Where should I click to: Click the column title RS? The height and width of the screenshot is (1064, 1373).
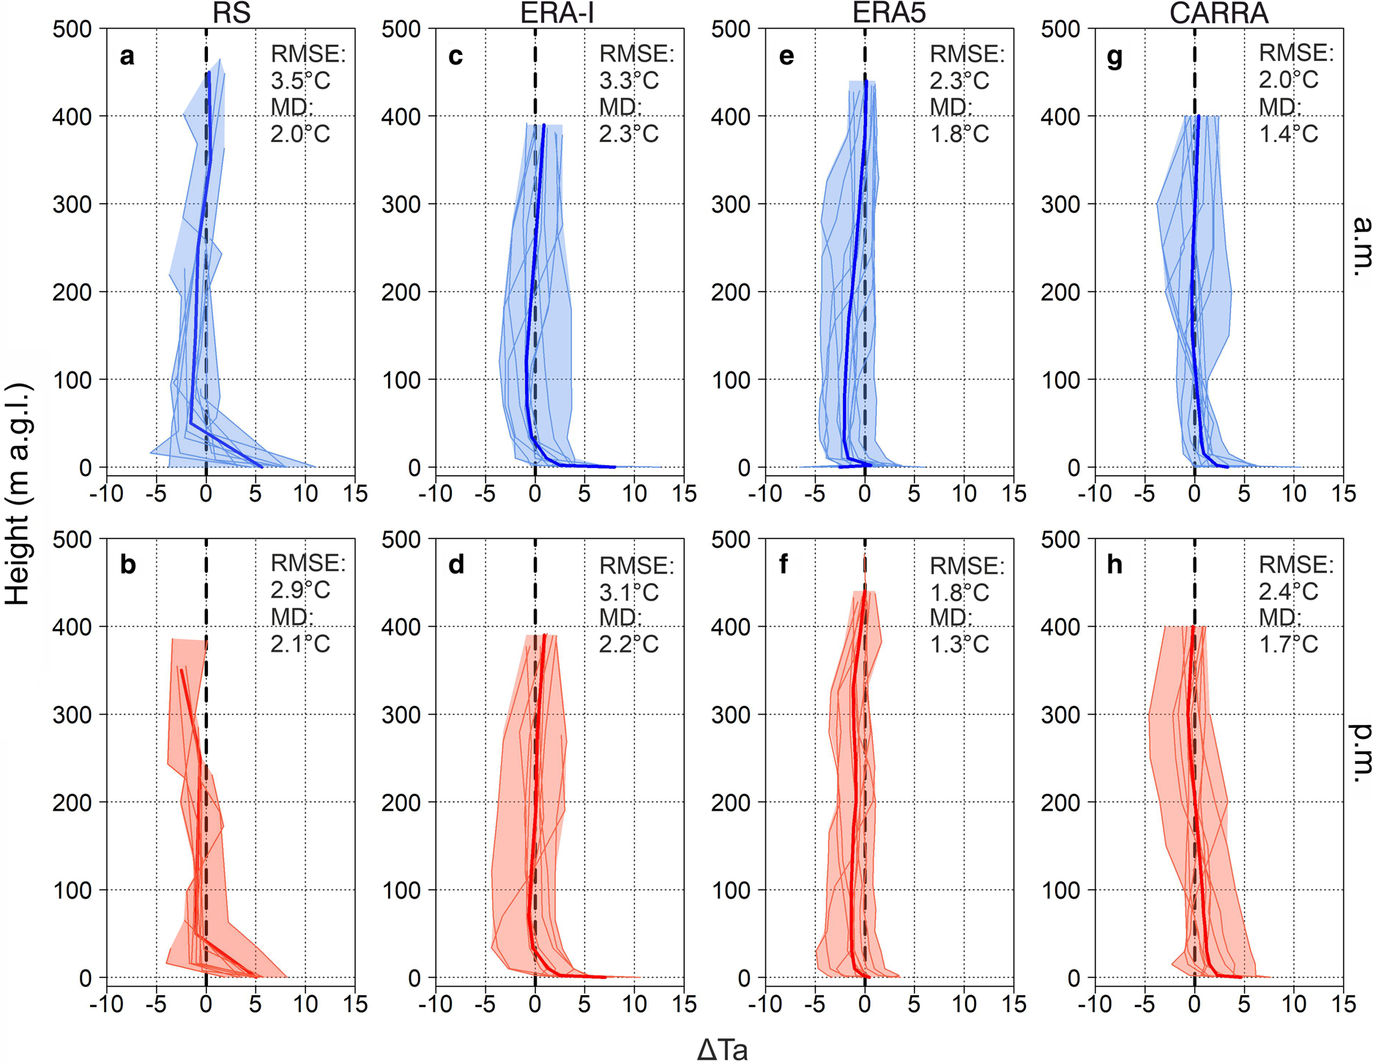click(232, 13)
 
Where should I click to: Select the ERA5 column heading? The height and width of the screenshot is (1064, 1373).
click(889, 13)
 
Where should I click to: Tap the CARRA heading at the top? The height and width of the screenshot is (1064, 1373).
click(1218, 13)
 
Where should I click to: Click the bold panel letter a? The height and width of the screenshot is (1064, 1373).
click(127, 56)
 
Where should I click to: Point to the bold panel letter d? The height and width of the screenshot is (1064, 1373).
click(456, 565)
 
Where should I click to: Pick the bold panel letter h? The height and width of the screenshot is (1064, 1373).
click(1115, 565)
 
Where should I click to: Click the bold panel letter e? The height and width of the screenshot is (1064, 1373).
click(786, 56)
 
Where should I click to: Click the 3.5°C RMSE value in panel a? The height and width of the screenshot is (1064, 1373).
click(300, 81)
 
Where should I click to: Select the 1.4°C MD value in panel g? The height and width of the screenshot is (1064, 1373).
click(1289, 134)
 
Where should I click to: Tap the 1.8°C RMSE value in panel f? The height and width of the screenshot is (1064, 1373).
click(959, 592)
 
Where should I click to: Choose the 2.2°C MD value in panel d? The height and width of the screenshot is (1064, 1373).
click(629, 644)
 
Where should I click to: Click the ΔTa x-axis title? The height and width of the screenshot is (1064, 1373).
click(723, 1050)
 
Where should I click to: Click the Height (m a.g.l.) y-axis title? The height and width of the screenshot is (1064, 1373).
click(18, 493)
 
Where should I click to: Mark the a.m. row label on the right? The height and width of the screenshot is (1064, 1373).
click(1359, 246)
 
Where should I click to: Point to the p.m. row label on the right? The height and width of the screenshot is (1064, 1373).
click(1359, 754)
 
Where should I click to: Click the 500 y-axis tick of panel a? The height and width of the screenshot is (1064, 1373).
click(72, 29)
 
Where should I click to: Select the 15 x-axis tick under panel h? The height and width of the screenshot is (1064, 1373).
click(1344, 1004)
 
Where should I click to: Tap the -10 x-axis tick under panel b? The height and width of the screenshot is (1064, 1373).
click(106, 1004)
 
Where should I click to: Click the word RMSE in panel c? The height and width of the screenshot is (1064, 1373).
click(636, 54)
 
